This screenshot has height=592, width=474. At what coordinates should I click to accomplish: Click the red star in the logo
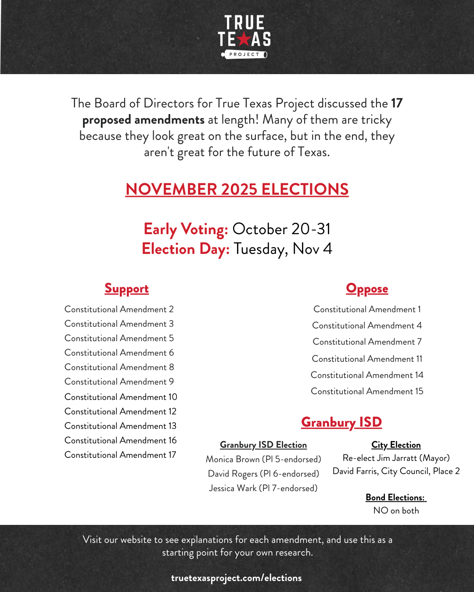pos(244,39)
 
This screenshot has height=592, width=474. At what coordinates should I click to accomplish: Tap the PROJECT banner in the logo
pos(244,54)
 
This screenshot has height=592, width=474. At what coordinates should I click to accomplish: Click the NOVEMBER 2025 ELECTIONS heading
pos(237,189)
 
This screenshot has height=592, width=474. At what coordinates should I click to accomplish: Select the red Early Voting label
pos(186,229)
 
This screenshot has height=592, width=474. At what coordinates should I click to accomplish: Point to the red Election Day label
pos(186,249)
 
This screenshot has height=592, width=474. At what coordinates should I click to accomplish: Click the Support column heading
pos(126,289)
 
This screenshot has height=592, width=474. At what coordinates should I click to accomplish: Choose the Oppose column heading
pos(367,289)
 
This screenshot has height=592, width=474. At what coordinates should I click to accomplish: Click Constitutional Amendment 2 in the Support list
pos(119,310)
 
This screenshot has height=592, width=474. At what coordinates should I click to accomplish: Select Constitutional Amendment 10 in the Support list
pos(121,397)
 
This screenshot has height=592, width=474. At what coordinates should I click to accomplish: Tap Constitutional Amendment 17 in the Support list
pos(120,455)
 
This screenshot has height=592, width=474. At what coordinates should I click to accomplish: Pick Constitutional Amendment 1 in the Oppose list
pos(367,310)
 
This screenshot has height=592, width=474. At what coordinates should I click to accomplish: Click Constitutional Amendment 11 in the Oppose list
pos(367,359)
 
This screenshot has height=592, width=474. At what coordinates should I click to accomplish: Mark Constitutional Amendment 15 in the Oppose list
pos(367,391)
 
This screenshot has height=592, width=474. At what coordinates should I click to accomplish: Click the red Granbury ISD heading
pos(341,422)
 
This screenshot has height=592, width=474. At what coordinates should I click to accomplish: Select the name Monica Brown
pos(233,459)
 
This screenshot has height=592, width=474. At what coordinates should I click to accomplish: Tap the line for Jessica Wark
pos(263,488)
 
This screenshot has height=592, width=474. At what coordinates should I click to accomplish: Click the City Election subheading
pos(396,445)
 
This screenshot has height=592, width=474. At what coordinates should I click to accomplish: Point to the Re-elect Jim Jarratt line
pos(396,458)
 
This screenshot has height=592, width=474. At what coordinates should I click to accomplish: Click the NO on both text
pos(396,510)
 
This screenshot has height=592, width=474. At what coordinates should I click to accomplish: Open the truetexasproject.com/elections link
pos(237,578)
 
